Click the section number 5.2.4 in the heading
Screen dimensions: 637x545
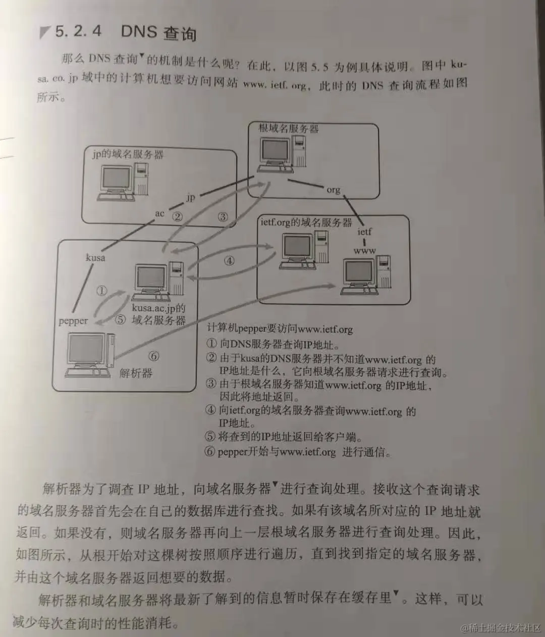78,31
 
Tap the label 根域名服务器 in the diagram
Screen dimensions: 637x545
289,129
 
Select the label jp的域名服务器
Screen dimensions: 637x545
128,154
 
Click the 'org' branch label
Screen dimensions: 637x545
334,190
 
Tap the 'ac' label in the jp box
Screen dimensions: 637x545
159,214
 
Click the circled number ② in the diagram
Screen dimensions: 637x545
177,216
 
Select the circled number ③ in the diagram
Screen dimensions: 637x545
223,217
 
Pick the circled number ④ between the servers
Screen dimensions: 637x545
230,261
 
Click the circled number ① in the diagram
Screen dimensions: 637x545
102,291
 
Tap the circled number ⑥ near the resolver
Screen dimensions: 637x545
153,356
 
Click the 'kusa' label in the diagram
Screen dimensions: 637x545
95,258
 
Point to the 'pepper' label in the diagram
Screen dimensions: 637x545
73,321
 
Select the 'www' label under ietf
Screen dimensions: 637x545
364,250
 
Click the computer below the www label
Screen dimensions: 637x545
366,276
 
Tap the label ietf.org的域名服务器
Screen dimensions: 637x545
306,223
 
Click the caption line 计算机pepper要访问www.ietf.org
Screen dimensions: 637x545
280,329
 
